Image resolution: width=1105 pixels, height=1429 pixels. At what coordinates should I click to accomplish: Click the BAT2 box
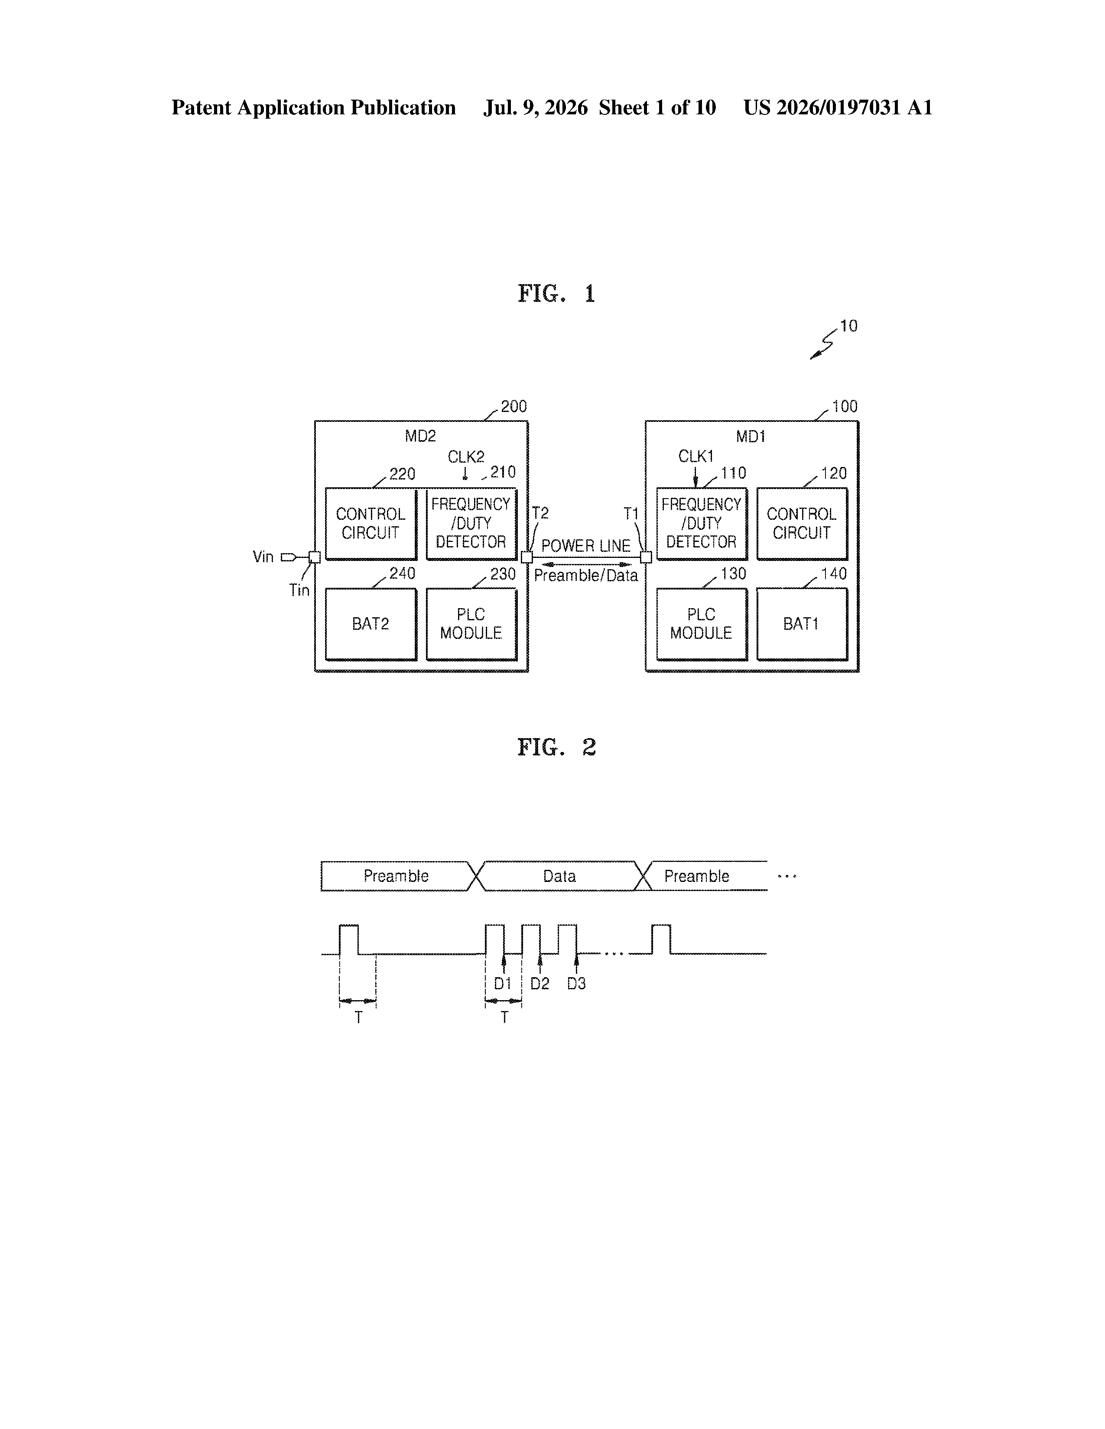pos(370,624)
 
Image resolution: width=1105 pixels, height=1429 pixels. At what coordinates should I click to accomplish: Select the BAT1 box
pos(802,624)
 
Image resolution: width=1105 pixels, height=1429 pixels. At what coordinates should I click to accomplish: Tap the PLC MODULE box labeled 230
pos(471,624)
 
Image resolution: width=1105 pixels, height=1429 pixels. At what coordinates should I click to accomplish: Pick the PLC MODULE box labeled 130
pos(702,624)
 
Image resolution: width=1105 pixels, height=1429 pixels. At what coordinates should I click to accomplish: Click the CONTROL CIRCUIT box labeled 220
pos(370,523)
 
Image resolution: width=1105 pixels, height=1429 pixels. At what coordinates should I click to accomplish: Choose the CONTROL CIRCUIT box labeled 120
pos(802,523)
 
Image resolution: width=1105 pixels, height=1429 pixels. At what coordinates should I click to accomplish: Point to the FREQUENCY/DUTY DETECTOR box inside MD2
pos(471,523)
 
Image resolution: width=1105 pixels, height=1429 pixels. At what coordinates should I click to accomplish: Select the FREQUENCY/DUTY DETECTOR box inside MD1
pos(702,523)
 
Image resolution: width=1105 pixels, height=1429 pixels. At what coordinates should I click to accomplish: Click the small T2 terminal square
pos(527,557)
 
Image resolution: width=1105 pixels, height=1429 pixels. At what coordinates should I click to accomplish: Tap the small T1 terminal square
pos(646,557)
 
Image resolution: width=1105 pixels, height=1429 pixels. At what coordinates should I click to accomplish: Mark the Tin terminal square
pos(315,557)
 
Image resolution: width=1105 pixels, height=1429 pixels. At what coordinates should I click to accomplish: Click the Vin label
pos(263,557)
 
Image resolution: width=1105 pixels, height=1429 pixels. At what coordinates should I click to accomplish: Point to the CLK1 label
pos(695,456)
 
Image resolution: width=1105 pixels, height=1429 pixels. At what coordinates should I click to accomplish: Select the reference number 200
pos(514,406)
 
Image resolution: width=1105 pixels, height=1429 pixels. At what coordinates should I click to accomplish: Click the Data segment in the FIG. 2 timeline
pos(560,876)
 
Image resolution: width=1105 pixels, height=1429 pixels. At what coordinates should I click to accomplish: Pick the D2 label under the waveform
pos(540,983)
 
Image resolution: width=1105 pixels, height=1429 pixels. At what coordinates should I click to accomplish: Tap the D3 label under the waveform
pos(577,983)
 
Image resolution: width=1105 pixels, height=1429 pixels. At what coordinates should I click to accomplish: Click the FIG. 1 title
pos(556,294)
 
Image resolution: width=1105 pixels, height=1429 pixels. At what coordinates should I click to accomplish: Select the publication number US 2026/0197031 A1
pos(838,107)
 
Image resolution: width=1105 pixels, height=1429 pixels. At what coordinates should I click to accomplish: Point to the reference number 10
pos(848,326)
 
